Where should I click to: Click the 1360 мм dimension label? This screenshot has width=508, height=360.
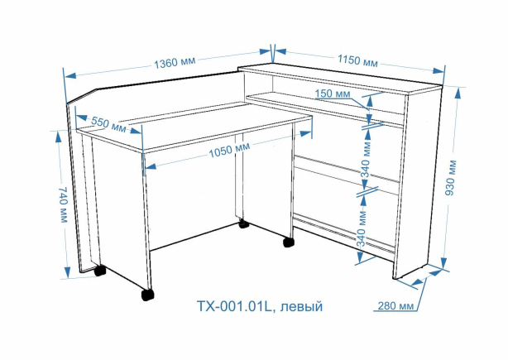click(175, 62)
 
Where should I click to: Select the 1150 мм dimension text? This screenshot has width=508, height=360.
click(357, 60)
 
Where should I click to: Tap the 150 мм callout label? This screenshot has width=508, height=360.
click(333, 94)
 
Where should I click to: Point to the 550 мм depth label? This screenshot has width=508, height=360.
click(108, 124)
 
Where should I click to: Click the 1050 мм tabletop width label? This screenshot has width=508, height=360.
click(229, 150)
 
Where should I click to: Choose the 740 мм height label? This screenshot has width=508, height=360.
click(63, 204)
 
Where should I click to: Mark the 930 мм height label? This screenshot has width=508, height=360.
click(451, 178)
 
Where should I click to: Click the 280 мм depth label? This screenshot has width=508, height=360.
click(396, 305)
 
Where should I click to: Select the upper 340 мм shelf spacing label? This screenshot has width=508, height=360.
click(366, 159)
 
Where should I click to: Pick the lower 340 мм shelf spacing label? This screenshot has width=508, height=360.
click(362, 228)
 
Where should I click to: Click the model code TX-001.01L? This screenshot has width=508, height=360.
click(234, 306)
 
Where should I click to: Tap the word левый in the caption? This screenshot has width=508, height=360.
click(301, 306)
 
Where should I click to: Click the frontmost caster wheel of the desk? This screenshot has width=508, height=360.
click(147, 295)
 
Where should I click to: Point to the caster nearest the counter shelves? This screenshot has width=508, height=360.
click(288, 242)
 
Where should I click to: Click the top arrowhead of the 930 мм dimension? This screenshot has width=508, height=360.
click(458, 94)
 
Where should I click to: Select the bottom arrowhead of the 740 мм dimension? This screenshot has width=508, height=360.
click(67, 272)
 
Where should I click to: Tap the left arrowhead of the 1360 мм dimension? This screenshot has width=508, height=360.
click(70, 76)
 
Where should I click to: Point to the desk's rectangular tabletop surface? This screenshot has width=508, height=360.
click(194, 127)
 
